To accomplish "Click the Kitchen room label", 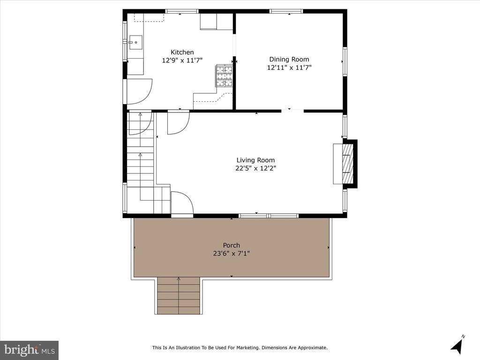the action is point(182,52).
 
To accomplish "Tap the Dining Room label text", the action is point(289,60).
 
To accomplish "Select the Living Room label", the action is point(255,160).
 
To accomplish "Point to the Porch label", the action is point(232,245).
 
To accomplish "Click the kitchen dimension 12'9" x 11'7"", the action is point(182,60).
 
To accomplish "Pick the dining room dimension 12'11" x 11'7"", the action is point(289,67).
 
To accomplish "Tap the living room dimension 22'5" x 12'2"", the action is point(255,168).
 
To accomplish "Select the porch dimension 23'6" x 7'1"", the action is point(232,254).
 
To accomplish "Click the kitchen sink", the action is point(135,43).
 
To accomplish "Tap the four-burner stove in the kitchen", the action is point(225,76).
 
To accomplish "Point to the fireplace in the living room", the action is point(345,164).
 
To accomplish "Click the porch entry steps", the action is point(179,295).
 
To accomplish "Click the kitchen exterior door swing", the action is point(139,91).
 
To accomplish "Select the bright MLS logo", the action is point(30,350).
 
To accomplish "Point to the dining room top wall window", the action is point(286,12).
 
